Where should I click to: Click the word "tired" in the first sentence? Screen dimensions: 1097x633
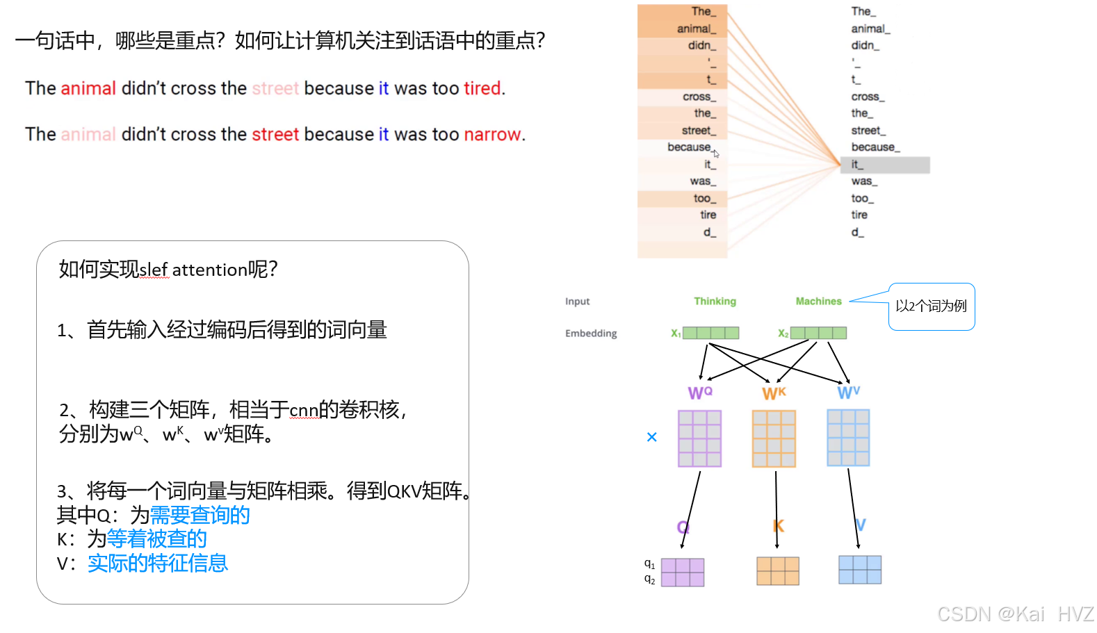point(482,88)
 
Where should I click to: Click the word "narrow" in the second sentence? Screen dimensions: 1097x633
point(492,134)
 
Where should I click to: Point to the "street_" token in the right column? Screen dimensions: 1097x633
point(868,131)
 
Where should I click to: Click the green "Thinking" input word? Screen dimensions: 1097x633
point(715,301)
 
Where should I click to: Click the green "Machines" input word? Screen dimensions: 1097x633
point(818,301)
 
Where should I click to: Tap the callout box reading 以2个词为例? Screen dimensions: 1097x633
point(931,306)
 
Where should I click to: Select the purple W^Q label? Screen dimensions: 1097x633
point(700,393)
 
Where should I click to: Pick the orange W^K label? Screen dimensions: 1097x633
point(774,393)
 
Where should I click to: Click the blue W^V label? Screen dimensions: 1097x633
point(848,393)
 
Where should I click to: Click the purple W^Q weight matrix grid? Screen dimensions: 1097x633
point(699,438)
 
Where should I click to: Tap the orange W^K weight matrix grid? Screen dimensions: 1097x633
point(774,438)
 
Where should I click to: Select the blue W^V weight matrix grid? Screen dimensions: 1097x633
point(848,438)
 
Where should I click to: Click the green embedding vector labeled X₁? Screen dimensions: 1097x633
point(710,333)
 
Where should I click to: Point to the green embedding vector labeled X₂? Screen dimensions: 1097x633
point(818,333)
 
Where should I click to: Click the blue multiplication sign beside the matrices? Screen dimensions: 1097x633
point(651,437)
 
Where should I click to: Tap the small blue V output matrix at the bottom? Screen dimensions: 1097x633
point(860,570)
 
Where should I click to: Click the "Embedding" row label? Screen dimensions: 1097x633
point(591,334)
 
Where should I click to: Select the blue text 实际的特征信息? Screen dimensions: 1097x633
point(158,563)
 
